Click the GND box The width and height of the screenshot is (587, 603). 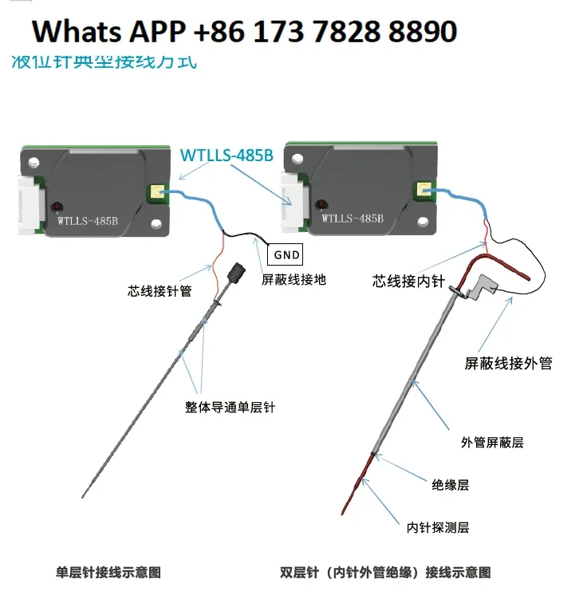tap(286, 254)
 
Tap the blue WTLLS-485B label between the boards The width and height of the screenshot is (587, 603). tap(227, 155)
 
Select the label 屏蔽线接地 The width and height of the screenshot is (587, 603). tap(293, 280)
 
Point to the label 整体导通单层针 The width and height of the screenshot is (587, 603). tap(230, 407)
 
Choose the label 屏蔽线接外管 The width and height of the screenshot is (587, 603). tap(508, 364)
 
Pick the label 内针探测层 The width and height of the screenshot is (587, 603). tap(437, 527)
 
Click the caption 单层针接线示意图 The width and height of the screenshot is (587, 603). tap(109, 572)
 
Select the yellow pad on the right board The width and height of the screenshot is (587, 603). tap(420, 190)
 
